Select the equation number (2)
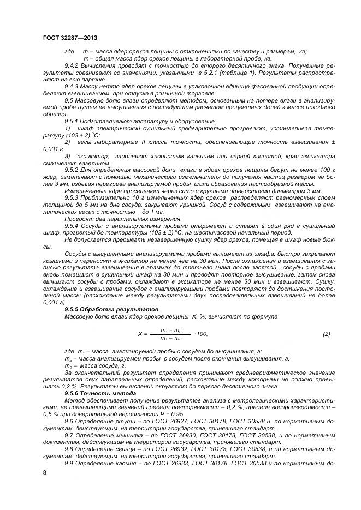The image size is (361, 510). click(326, 334)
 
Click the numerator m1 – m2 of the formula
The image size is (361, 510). click(171, 331)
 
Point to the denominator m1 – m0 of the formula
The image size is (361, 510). click(171, 338)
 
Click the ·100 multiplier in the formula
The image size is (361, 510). click(201, 334)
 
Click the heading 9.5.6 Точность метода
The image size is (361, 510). click(92, 393)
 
